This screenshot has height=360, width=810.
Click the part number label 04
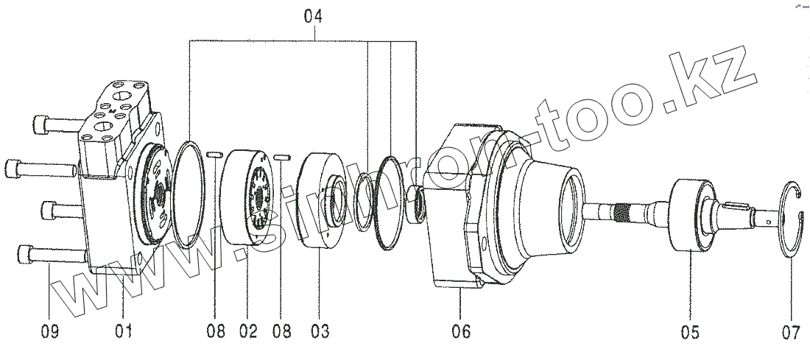click(x=313, y=15)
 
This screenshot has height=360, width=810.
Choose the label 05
click(x=689, y=331)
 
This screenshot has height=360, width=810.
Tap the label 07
click(x=791, y=331)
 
